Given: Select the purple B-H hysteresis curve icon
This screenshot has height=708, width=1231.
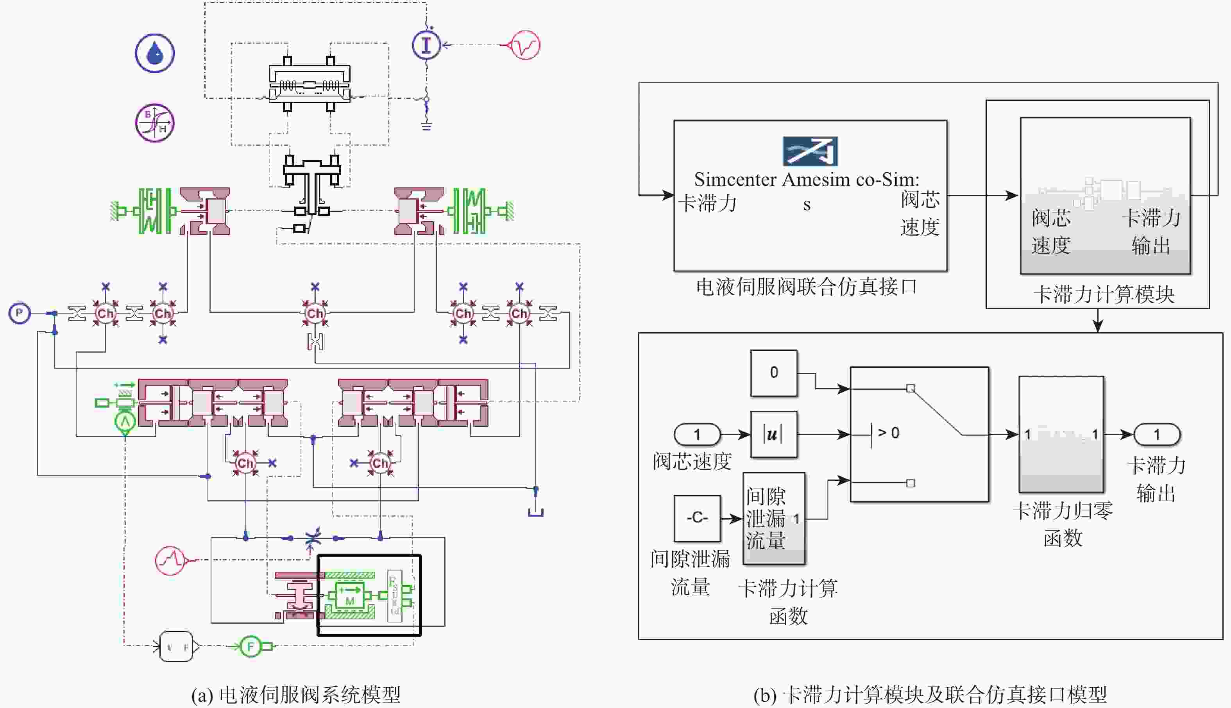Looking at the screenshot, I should pos(155,123).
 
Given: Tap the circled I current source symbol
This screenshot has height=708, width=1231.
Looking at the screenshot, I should pos(426,45).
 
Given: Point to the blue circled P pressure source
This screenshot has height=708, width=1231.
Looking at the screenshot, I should pos(20,313).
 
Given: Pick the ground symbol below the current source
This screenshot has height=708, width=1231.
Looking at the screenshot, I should pos(426,127).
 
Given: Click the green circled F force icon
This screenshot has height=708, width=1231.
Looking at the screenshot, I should pos(251,646).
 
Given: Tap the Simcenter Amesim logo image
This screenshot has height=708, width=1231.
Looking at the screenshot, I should pos(810,151).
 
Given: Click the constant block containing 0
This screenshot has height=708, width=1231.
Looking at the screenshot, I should pos(774,373).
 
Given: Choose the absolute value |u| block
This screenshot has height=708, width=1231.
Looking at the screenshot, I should pos(774,434).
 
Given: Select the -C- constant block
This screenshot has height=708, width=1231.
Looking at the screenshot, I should pos(697,518).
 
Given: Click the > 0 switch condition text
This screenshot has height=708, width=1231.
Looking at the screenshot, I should pos(888,433).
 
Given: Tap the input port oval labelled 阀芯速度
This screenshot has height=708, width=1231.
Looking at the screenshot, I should pos(697,434).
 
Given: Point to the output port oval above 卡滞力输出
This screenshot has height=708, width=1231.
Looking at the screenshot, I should pos(1157,434).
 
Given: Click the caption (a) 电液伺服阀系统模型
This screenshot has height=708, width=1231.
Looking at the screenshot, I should pos(296,695).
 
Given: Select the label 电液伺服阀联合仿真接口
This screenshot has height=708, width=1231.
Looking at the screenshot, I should pos(806,287).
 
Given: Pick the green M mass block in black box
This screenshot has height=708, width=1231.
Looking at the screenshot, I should pos(350,595).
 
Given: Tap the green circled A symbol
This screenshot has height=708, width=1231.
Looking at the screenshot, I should pos(125,422).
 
